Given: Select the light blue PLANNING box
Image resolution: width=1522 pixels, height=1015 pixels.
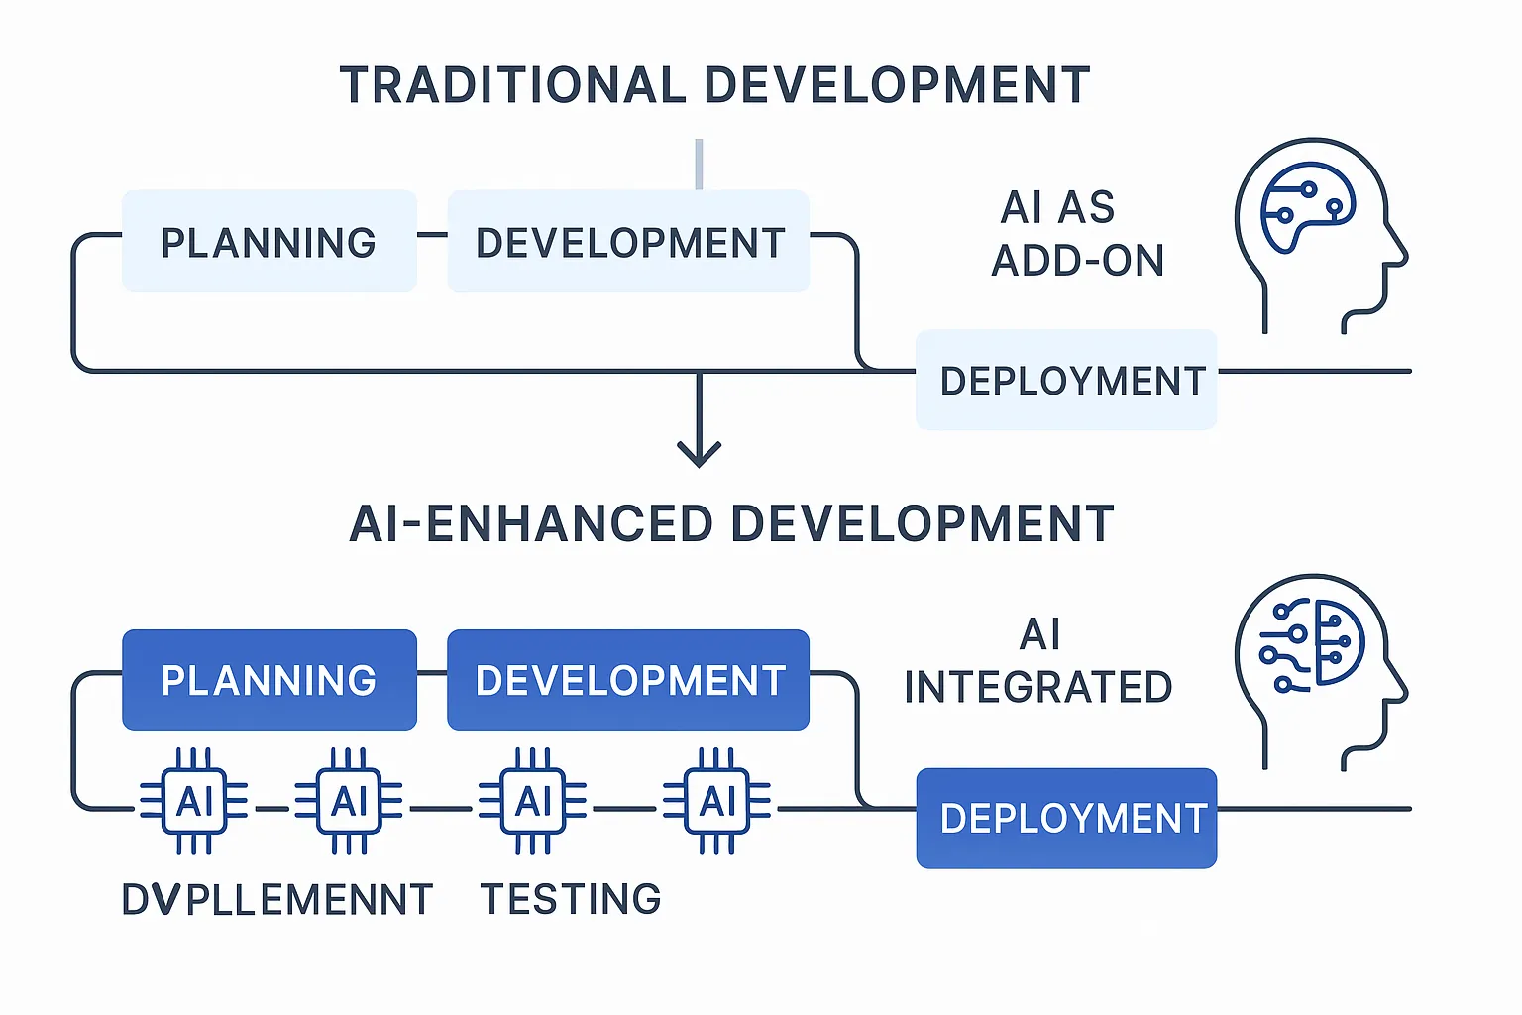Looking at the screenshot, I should (269, 242).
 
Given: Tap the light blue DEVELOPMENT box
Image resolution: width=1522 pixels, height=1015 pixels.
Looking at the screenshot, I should (628, 242).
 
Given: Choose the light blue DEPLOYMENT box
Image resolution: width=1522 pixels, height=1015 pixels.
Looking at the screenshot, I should (1066, 381).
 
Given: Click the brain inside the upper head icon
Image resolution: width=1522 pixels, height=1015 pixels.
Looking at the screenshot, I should (1306, 207).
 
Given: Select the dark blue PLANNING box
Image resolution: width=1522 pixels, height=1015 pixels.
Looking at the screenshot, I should (269, 680).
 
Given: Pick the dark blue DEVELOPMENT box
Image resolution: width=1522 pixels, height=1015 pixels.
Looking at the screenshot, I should (628, 680).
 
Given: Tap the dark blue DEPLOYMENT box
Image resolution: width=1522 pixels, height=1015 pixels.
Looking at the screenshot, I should (1066, 819).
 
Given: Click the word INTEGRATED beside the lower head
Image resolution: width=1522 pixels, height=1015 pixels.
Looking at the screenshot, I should (1038, 687).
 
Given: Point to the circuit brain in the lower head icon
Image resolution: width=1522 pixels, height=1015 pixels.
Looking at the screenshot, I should (1312, 644).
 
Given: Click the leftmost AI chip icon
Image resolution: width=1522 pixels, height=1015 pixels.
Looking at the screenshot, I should (194, 801).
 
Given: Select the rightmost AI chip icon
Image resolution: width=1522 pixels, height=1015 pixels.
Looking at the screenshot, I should (717, 801).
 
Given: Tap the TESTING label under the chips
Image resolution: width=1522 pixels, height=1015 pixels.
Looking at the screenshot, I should (571, 899).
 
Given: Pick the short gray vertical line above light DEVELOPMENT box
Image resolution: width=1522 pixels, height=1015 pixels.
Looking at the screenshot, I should (699, 164).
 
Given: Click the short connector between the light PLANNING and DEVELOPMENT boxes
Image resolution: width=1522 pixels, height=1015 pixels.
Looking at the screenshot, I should (432, 235).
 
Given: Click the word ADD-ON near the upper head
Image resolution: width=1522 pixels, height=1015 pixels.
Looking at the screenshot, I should (1078, 261).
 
